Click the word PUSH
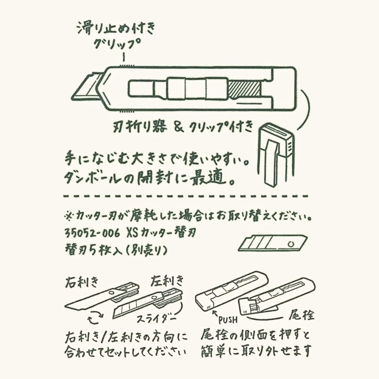228,320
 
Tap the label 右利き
81,282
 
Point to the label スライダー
156,319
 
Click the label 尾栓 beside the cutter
301,315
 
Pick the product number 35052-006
92,233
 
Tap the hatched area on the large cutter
244,89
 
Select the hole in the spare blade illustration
291,243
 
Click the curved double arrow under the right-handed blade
96,317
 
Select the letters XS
132,233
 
